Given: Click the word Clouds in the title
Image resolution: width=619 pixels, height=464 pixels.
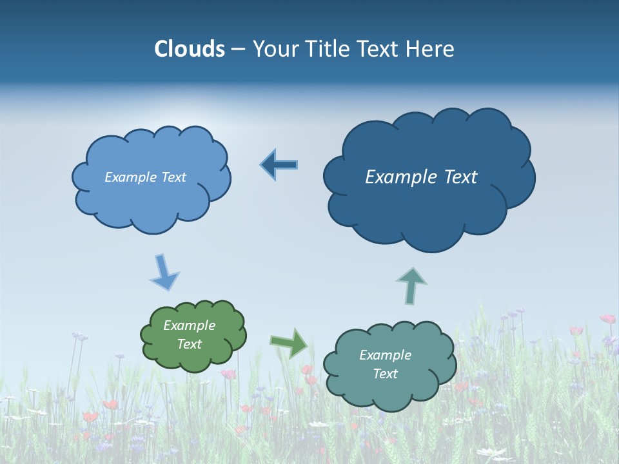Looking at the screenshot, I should click(x=190, y=48).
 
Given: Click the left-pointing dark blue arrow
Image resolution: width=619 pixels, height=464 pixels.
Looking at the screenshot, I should click(x=279, y=165).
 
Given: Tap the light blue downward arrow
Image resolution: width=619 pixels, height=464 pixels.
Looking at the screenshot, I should click(x=164, y=272).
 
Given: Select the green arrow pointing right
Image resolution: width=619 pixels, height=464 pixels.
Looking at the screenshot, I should click(x=289, y=342).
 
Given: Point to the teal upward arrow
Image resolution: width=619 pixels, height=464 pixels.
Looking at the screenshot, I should click(x=411, y=285).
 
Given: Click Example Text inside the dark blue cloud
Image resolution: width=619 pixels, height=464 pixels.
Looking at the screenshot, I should click(x=421, y=177).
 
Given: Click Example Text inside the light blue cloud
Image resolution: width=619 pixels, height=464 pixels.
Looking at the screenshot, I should click(x=145, y=177).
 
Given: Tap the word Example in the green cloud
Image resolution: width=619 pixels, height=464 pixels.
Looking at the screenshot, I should click(x=189, y=325).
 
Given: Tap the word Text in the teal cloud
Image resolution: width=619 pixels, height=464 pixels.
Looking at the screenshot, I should click(x=385, y=374).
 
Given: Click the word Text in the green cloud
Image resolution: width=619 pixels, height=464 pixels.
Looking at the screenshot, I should click(x=189, y=344).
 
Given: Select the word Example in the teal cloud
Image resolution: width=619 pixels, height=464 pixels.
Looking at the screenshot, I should click(x=385, y=355).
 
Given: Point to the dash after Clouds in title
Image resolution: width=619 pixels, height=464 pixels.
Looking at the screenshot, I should click(x=238, y=49).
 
